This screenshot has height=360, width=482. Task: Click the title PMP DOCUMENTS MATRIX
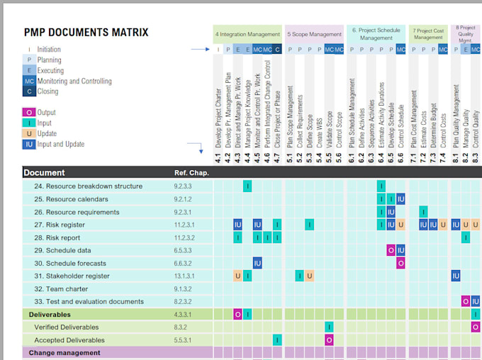point(86,32)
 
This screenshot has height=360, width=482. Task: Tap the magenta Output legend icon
point(28,113)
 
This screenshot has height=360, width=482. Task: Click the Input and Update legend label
point(60,145)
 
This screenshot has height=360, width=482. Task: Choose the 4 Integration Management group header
point(247,34)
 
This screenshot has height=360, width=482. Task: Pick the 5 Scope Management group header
point(314,34)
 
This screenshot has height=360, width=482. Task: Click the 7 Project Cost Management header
point(429,34)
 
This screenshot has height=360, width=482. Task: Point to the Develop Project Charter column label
point(218,120)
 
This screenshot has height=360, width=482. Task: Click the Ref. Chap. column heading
point(191,173)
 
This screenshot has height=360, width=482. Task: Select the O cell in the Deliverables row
point(238,314)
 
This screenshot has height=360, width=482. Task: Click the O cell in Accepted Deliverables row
point(330,340)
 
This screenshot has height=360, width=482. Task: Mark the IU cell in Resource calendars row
point(400,199)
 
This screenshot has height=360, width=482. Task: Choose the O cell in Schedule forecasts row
point(400,263)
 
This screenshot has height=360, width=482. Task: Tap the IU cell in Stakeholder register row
point(456,276)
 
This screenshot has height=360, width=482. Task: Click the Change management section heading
point(64,353)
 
